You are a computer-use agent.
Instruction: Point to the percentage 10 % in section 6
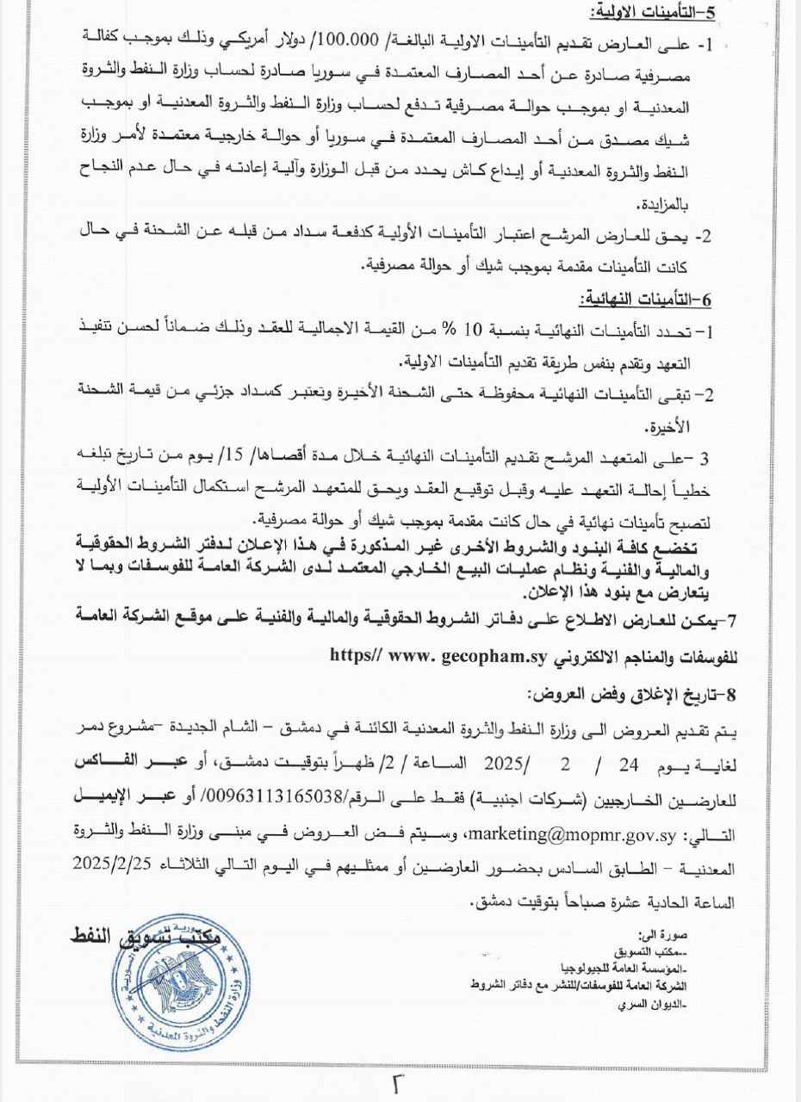472,331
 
